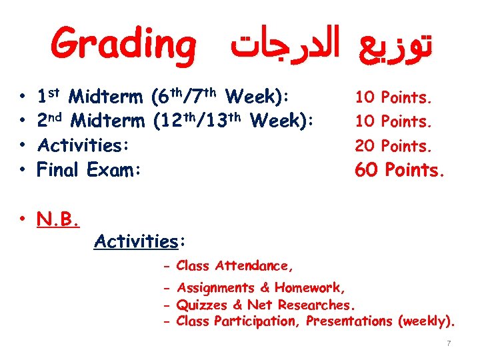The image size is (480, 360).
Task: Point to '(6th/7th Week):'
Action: (221, 98)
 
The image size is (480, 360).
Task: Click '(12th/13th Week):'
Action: (233, 122)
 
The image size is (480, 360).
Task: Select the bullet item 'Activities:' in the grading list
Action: (83, 145)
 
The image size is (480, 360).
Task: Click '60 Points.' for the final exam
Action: (399, 170)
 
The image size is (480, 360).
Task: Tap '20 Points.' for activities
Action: (394, 146)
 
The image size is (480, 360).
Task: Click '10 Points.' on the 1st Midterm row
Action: (394, 98)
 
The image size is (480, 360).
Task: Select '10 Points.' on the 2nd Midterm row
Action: (394, 122)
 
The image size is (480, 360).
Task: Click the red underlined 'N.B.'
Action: (59, 218)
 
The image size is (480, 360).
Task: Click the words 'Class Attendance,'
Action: (234, 266)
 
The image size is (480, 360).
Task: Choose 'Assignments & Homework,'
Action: (261, 288)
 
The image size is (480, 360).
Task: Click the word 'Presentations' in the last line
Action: (349, 321)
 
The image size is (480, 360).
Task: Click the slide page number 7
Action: (449, 343)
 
